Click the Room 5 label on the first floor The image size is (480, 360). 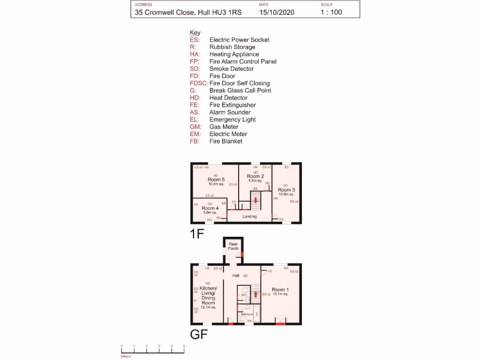[216, 180]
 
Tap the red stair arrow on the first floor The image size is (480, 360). [255, 201]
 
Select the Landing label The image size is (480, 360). [249, 217]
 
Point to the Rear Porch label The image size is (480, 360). [233, 246]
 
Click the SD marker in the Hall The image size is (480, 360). [245, 276]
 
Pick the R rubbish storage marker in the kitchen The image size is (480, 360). [195, 300]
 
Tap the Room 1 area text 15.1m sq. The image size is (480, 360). [280, 294]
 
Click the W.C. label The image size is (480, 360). [244, 295]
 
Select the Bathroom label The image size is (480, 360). [247, 314]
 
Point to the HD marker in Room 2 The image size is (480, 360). [255, 172]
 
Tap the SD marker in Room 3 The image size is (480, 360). [285, 185]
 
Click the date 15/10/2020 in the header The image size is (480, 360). [277, 13]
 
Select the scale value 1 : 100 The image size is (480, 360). [331, 13]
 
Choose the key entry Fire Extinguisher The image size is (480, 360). [232, 105]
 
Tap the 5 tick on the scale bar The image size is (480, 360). [184, 346]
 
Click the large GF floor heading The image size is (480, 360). [198, 335]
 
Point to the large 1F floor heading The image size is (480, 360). [197, 234]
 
